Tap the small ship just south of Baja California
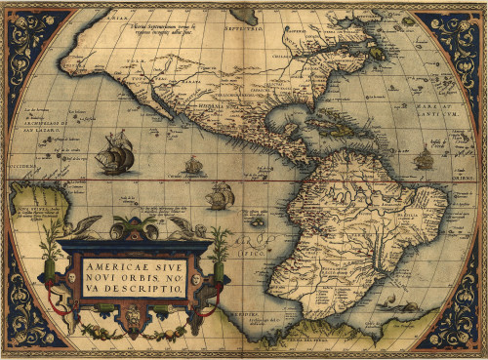coord(193,165)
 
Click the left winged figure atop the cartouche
coord(86,226)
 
